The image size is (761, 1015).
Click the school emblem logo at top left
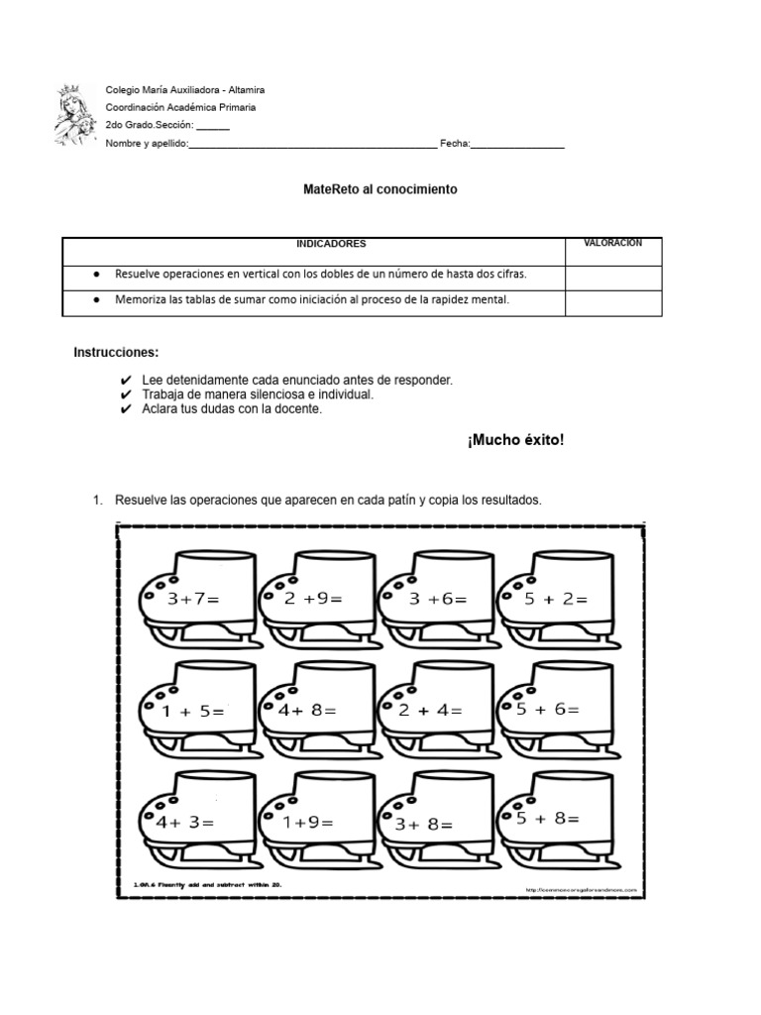(77, 117)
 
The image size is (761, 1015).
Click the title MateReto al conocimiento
(380, 189)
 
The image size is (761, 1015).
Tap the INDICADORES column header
(331, 244)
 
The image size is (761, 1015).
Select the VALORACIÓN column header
(612, 243)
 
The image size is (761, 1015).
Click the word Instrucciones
(116, 353)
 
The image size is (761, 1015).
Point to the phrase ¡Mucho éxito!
(515, 439)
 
